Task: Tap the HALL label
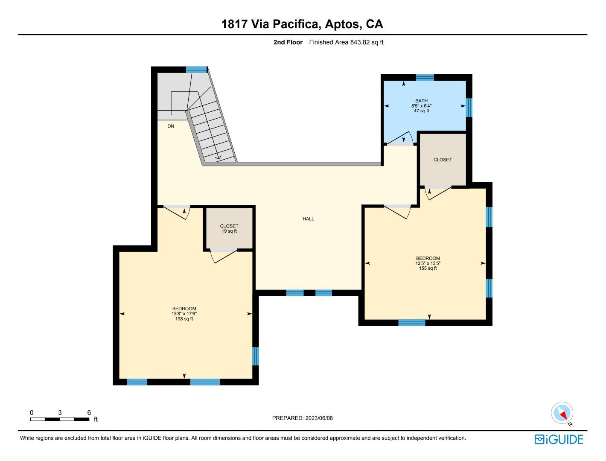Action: click(308, 219)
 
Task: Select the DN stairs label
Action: click(171, 126)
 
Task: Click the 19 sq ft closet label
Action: click(229, 231)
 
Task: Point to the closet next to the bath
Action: click(443, 160)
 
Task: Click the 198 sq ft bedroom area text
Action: click(184, 319)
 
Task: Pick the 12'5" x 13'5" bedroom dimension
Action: click(428, 263)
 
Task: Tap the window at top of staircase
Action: click(196, 70)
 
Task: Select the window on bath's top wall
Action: click(425, 77)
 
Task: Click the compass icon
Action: click(562, 413)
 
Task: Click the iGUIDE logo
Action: click(559, 439)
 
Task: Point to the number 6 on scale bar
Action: click(89, 412)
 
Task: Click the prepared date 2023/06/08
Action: click(318, 418)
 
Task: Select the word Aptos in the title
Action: click(342, 24)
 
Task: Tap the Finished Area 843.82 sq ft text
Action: click(346, 42)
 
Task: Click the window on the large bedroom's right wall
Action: click(256, 356)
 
